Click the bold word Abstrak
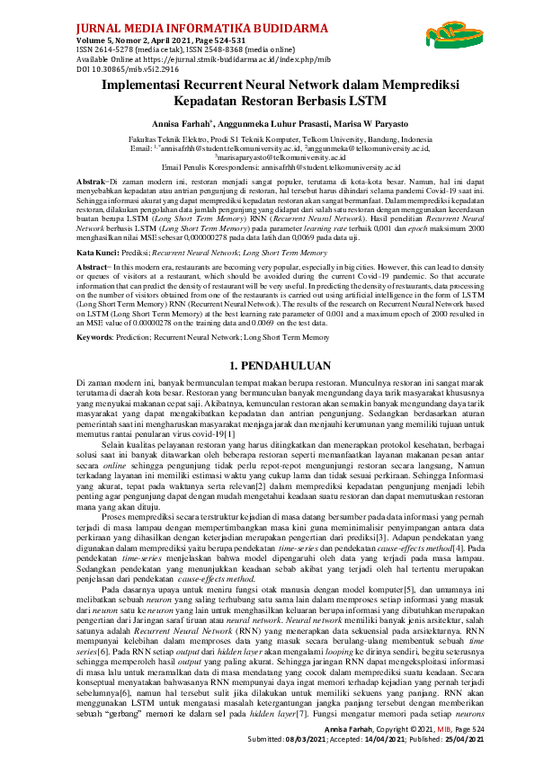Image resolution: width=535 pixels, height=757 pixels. (93, 181)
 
